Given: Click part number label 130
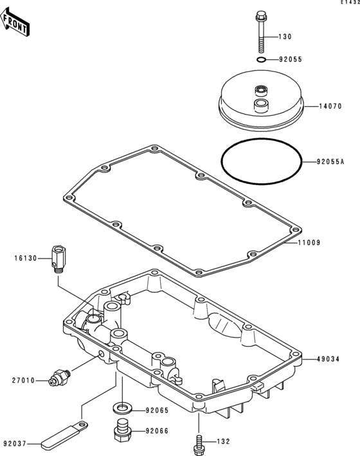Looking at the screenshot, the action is click(285, 37).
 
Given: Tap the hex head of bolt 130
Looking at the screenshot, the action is click(260, 15).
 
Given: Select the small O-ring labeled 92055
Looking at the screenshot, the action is click(261, 60).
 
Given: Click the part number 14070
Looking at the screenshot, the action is click(330, 106).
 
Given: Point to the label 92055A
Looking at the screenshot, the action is click(330, 161).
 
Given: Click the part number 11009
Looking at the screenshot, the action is click(309, 242).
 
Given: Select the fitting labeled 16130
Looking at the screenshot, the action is click(59, 259).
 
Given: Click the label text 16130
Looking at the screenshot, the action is click(26, 258).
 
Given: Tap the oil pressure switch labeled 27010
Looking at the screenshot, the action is click(60, 378).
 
